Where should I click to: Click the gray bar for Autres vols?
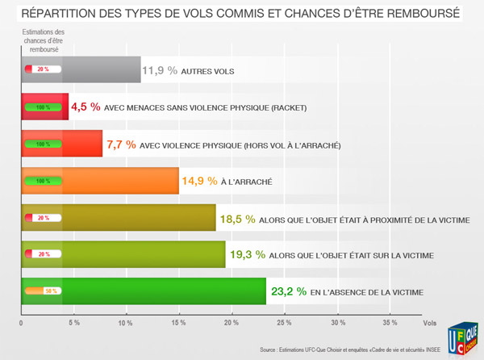point(97,70)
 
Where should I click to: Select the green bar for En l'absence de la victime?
point(161,291)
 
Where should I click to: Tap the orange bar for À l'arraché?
point(121,181)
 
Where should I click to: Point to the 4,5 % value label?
point(86,107)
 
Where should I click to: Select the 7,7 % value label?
point(120,144)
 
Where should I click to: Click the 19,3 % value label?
point(248,254)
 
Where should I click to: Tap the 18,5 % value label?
point(239,218)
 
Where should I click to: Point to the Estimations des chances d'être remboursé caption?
point(43,40)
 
